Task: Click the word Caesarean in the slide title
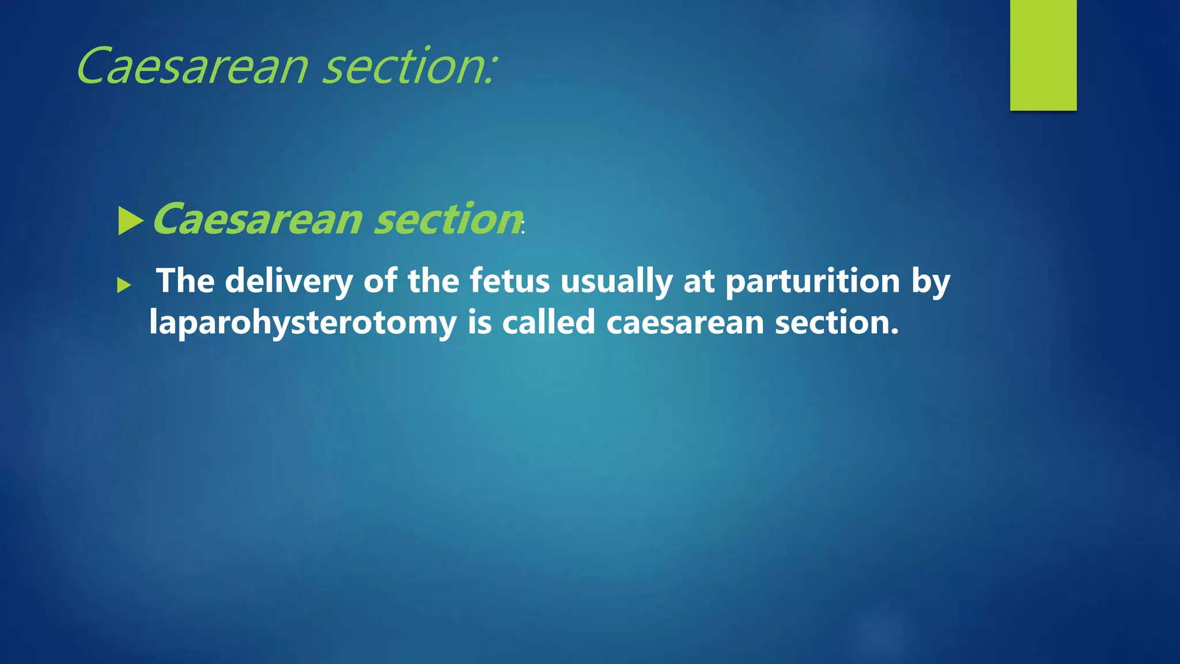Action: [192, 66]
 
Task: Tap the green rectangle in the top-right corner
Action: [1043, 55]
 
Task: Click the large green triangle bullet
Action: [130, 221]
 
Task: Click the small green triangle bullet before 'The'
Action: [124, 285]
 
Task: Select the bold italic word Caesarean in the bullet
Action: [257, 220]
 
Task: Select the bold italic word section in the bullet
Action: [448, 220]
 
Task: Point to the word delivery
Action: [289, 282]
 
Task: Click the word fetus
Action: [509, 281]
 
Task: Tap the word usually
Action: [617, 282]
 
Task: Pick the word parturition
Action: [812, 282]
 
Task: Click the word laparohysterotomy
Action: [302, 323]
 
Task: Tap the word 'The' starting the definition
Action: [186, 281]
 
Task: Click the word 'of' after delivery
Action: [380, 281]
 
